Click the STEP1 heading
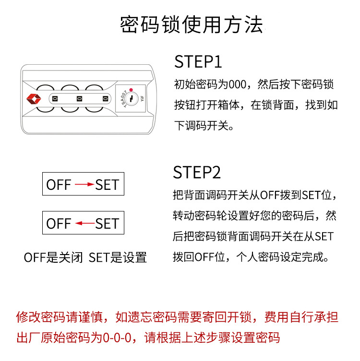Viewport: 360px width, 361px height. click(x=198, y=62)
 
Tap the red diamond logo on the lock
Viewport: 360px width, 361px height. click(x=34, y=98)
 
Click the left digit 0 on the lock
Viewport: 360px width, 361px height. click(x=55, y=99)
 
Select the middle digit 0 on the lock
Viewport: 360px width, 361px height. click(x=79, y=99)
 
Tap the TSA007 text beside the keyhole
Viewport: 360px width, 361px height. click(x=121, y=98)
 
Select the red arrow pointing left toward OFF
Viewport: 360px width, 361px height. click(x=84, y=223)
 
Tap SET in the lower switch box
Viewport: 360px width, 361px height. click(x=107, y=223)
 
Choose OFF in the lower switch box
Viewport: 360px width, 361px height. click(x=59, y=223)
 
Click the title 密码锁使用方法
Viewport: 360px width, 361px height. click(x=191, y=24)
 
